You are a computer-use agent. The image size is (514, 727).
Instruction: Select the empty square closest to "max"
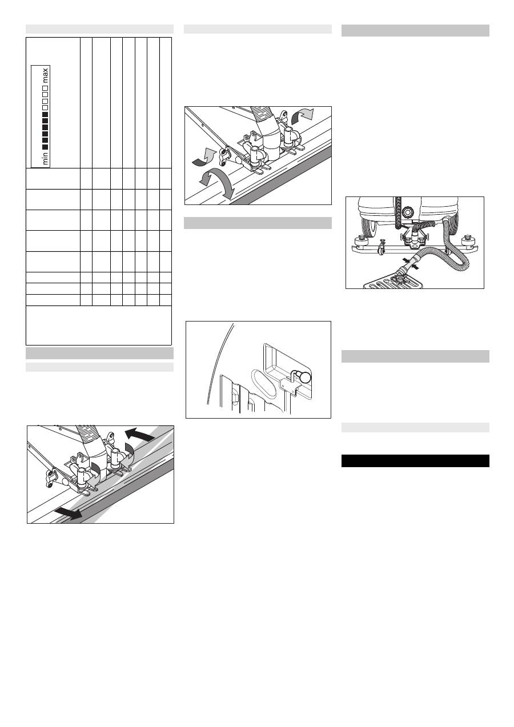pos(46,87)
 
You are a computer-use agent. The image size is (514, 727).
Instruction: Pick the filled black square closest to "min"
pos(46,146)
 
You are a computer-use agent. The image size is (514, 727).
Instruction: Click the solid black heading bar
pos(415,461)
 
